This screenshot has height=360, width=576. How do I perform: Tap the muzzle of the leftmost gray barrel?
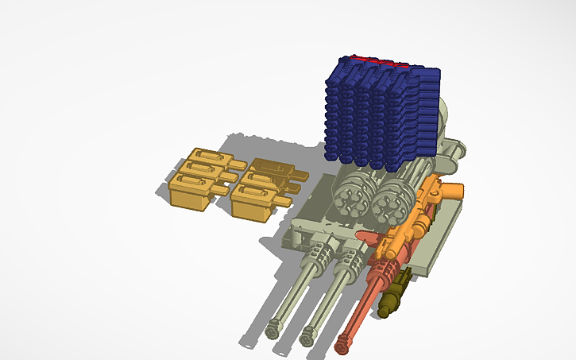(275, 326)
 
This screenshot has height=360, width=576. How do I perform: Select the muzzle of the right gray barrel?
(306, 339)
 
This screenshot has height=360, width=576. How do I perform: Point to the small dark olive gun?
(396, 292)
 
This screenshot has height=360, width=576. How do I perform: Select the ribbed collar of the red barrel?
(381, 273)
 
